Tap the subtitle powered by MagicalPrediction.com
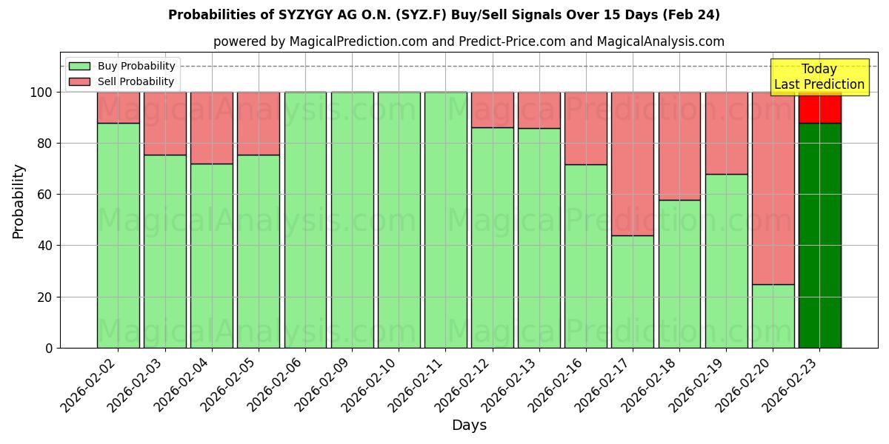point(468,41)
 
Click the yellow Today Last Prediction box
point(819,77)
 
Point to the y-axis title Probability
point(19,201)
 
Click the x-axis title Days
point(469,425)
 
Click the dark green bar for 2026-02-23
point(819,237)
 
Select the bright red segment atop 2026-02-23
point(819,108)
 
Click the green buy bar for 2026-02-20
point(773,316)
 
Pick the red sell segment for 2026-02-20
point(773,189)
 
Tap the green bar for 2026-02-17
point(633,292)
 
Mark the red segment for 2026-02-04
point(212,128)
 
